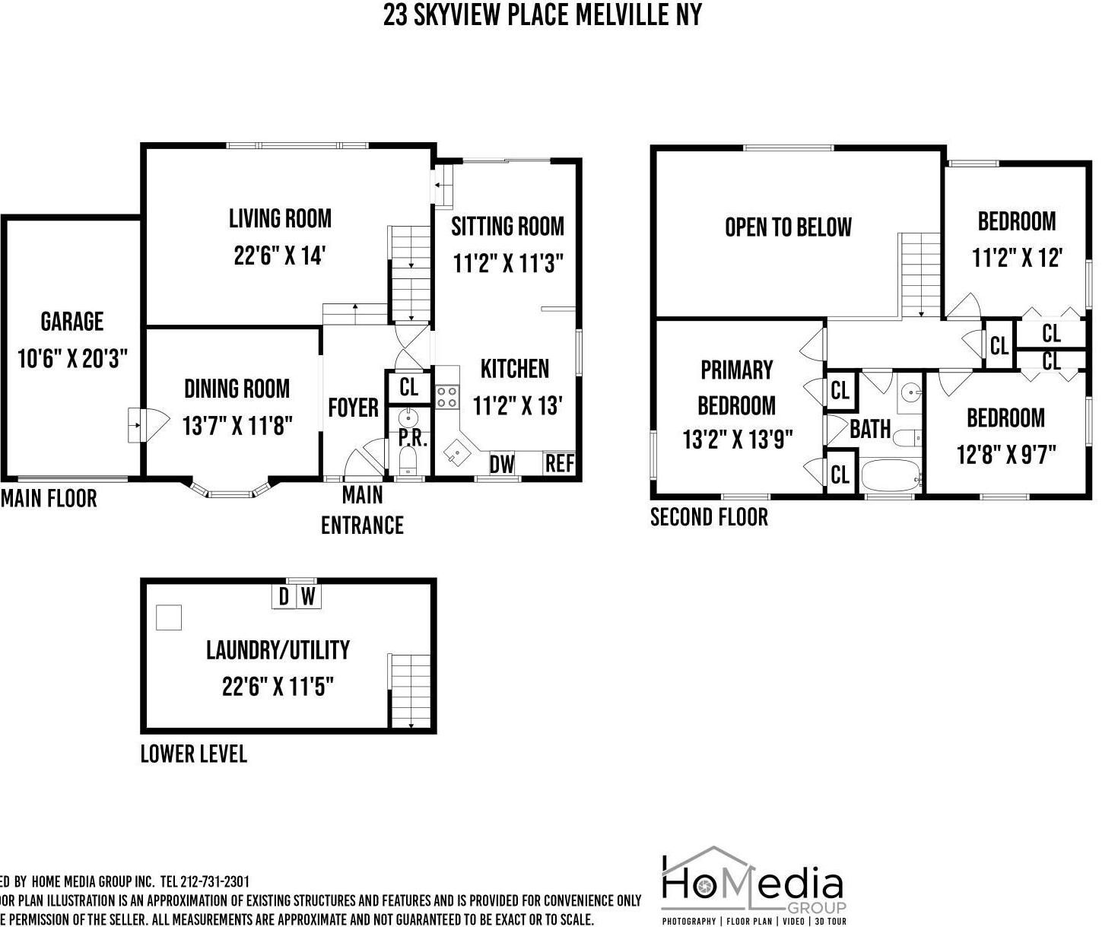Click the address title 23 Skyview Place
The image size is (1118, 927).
point(542,15)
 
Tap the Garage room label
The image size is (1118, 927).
point(72,322)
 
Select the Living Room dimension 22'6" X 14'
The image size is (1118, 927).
point(279,256)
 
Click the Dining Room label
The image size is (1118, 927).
point(237,389)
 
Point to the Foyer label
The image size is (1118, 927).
point(353,408)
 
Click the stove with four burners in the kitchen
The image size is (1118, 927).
point(446,397)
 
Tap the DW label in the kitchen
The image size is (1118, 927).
point(501,464)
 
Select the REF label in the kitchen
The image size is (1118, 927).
point(559,463)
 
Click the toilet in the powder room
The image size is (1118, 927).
point(408,459)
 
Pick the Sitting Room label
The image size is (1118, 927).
point(507,227)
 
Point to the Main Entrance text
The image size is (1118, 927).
point(362,510)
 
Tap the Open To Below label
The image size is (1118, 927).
point(788,227)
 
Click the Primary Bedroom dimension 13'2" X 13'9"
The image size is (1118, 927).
point(737,440)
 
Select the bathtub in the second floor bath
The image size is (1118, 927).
point(890,476)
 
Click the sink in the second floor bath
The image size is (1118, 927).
point(910,392)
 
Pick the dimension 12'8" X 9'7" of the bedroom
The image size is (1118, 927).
point(1005,455)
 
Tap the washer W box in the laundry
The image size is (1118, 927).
point(308,596)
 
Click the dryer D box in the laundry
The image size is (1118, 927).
point(284,596)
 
